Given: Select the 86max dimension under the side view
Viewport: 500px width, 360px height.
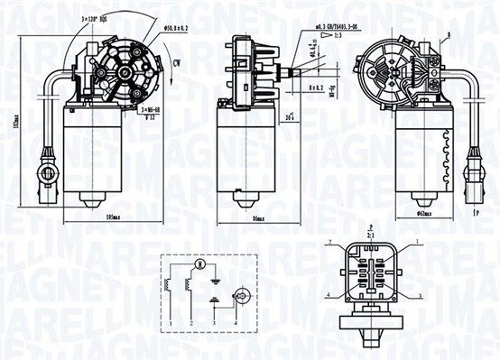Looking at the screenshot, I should tap(257, 219).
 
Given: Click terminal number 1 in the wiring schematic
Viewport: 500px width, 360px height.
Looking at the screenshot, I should tap(169, 322).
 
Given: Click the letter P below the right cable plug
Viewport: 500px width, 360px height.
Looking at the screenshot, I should tap(477, 214).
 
